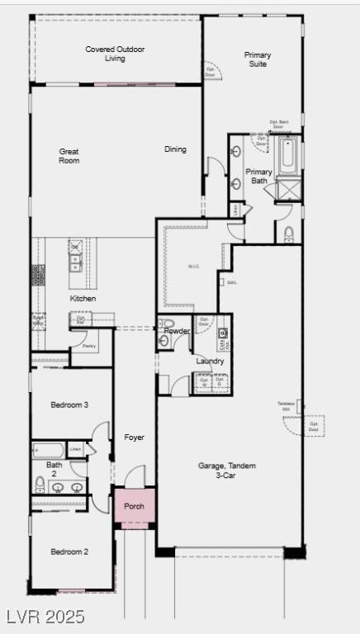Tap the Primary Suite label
point(257,59)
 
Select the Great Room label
point(69,155)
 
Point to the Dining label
point(175,149)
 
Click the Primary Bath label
point(258,177)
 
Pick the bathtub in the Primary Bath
point(287,157)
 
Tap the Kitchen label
point(83,298)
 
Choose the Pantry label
point(89,346)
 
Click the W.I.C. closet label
point(194,266)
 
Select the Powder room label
point(177,331)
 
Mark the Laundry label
point(210,362)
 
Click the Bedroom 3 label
point(69,405)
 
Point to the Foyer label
point(135,437)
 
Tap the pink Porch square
point(134,506)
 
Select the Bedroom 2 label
point(69,551)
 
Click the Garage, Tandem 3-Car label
point(226,471)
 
